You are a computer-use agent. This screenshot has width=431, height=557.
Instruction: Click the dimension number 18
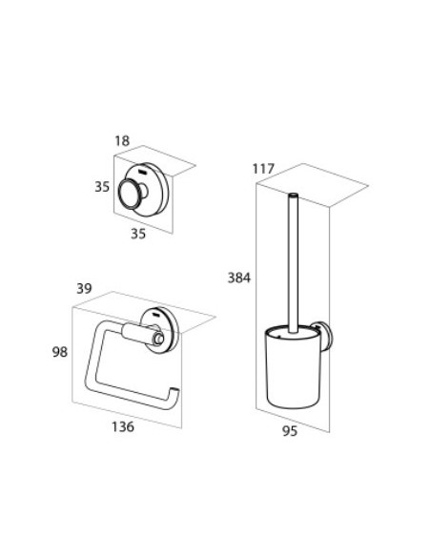122,141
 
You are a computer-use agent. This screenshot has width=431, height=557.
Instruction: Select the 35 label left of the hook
102,187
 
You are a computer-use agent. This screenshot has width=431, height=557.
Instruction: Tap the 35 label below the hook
138,234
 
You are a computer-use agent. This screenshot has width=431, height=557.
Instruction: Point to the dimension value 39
85,288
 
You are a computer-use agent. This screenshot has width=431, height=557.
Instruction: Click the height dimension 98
60,352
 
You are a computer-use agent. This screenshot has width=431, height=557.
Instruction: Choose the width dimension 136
123,426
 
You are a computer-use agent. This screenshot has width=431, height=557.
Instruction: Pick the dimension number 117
263,169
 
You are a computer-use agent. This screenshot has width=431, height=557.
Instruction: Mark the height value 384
239,278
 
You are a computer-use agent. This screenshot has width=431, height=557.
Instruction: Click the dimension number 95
289,431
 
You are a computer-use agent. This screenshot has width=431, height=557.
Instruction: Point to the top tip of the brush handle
294,195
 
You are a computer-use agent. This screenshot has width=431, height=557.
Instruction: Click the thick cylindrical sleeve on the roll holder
137,333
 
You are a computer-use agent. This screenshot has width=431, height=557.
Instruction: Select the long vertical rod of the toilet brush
294,263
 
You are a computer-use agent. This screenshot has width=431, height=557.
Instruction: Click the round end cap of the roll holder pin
158,339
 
